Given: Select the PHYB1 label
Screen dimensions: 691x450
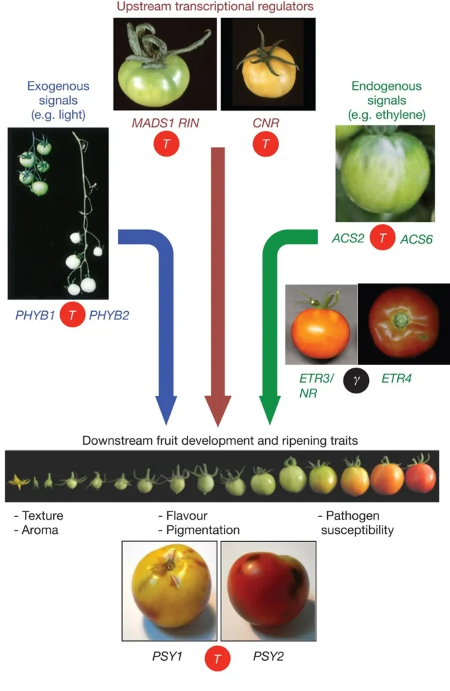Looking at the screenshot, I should click(x=34, y=316).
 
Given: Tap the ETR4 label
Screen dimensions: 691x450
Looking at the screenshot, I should click(x=397, y=379).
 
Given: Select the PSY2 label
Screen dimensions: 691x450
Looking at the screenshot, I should click(x=268, y=655).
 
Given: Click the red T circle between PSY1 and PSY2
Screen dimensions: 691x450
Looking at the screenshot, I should click(x=217, y=658).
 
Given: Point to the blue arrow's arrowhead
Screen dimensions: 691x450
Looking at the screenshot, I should click(x=166, y=410).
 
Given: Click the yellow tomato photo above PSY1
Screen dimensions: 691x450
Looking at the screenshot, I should click(x=169, y=590).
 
